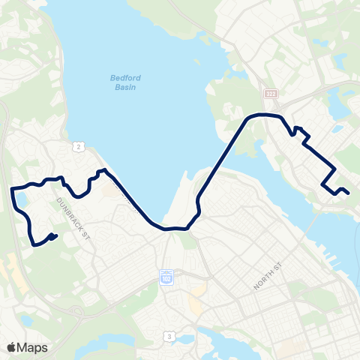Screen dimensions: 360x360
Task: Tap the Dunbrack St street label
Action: click(x=74, y=214)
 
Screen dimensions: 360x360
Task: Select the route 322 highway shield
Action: click(x=270, y=93)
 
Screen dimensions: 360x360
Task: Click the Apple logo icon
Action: click(x=11, y=347)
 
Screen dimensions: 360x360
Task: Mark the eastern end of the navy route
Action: click(x=349, y=193)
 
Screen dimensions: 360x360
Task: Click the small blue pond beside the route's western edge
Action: click(x=20, y=200)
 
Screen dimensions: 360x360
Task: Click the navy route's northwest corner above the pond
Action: click(x=13, y=188)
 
